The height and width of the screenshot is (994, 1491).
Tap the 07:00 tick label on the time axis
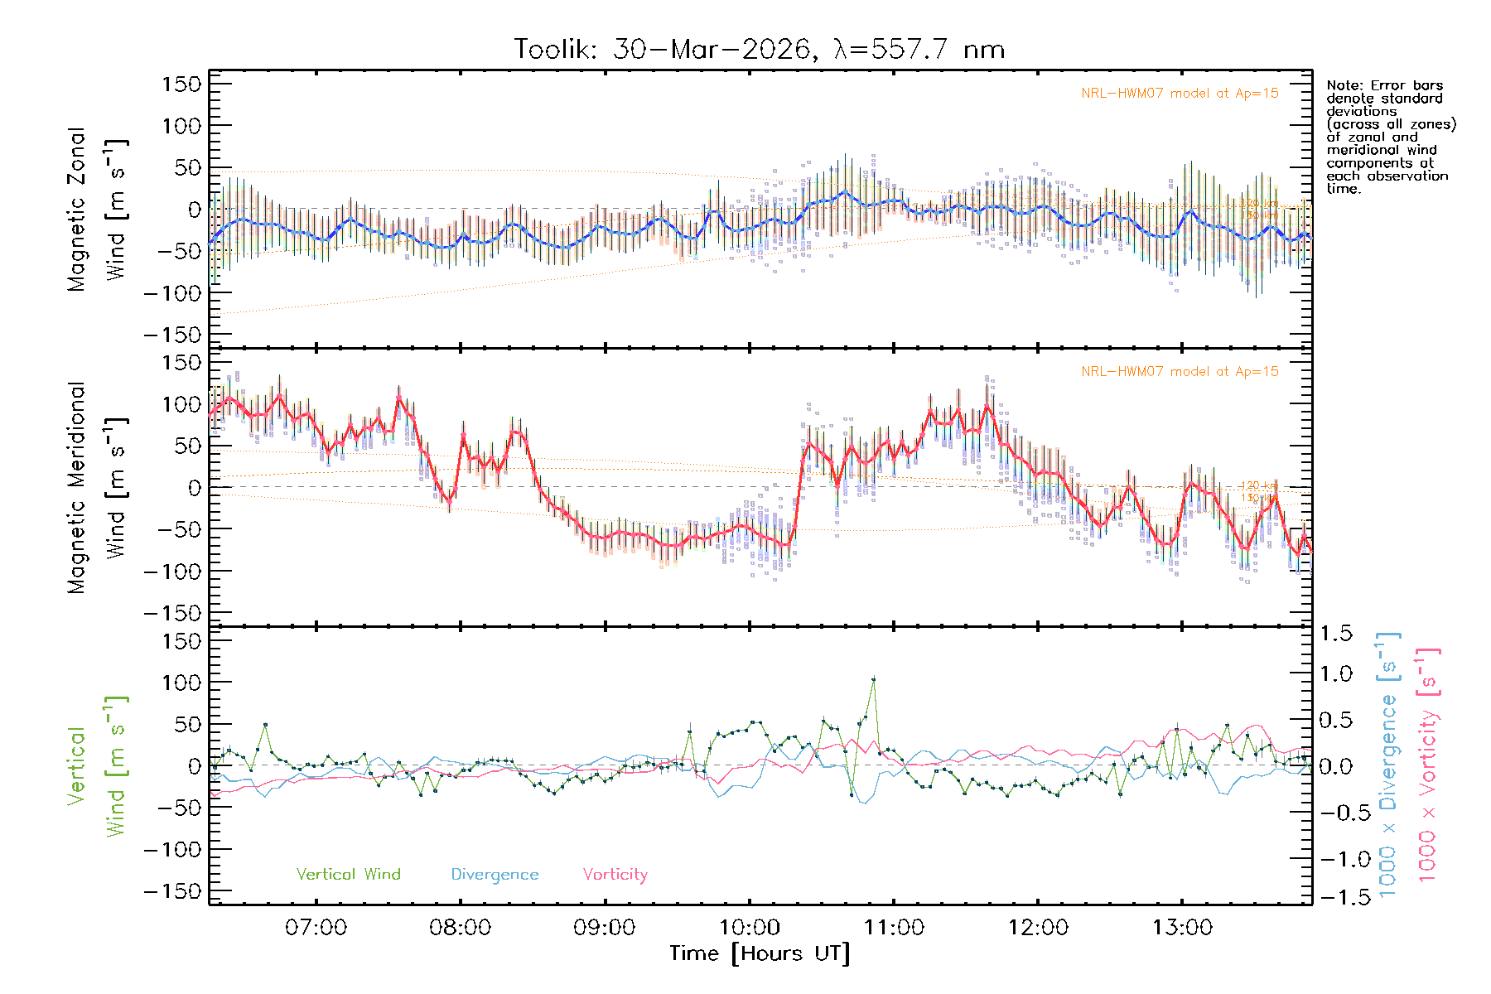pos(316,928)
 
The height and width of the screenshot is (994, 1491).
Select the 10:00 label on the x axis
pos(749,928)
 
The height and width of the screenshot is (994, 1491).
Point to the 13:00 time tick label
pos(1182,928)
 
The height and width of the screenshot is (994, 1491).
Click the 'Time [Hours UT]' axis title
pos(760,953)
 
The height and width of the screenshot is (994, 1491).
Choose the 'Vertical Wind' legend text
pos(348,875)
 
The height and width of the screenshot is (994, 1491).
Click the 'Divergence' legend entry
pos(495,875)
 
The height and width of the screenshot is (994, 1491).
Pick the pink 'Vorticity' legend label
pos(615,875)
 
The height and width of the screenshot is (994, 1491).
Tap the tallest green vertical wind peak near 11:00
pos(873,679)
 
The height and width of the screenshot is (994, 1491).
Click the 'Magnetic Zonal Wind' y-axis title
pos(98,209)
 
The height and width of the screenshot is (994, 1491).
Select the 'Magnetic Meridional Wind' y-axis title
pos(98,487)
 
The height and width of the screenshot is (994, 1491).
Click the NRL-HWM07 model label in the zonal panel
pos(1180,94)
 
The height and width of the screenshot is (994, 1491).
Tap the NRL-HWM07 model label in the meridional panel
pos(1180,372)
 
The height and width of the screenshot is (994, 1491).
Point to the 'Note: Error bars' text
pos(1384,86)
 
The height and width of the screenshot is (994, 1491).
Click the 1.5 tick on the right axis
pos(1336,634)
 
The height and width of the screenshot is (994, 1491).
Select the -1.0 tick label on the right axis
pos(1335,859)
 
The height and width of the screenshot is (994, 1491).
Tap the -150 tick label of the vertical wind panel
pos(172,892)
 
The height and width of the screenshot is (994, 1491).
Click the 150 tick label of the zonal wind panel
pos(181,84)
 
